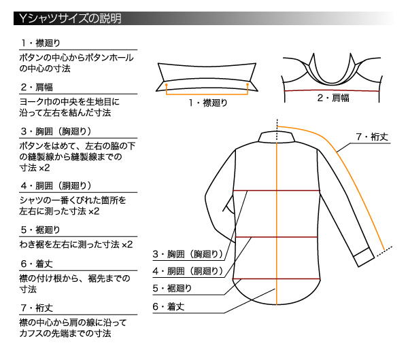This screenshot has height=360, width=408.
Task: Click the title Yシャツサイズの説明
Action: click(70, 18)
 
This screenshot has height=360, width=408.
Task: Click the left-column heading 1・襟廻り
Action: click(41, 43)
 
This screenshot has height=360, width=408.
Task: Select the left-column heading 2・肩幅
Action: click(37, 87)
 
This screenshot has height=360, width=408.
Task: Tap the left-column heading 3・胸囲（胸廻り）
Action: click(56, 131)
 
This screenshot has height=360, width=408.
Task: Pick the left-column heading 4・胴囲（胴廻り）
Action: click(56, 185)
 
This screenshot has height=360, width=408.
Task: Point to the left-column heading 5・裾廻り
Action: click(41, 230)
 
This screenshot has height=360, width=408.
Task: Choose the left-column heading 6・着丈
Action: click(37, 264)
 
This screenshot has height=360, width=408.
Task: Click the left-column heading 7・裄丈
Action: click(37, 308)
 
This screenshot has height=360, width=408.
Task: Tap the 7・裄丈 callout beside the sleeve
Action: click(372, 137)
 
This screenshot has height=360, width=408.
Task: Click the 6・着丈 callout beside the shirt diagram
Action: click(169, 307)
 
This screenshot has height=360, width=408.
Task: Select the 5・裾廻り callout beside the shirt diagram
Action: click(172, 288)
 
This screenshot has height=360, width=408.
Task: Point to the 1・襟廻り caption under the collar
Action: click(208, 103)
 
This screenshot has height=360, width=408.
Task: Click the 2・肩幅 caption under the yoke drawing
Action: click(333, 98)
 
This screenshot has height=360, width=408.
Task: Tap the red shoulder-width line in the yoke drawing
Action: click(332, 90)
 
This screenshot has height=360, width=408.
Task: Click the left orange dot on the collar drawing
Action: click(167, 85)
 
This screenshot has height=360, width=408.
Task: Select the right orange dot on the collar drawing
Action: click(248, 84)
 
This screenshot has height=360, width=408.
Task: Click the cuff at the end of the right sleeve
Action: click(364, 257)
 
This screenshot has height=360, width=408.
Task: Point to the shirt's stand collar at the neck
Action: click(277, 137)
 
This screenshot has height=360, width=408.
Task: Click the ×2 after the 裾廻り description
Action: click(127, 245)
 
